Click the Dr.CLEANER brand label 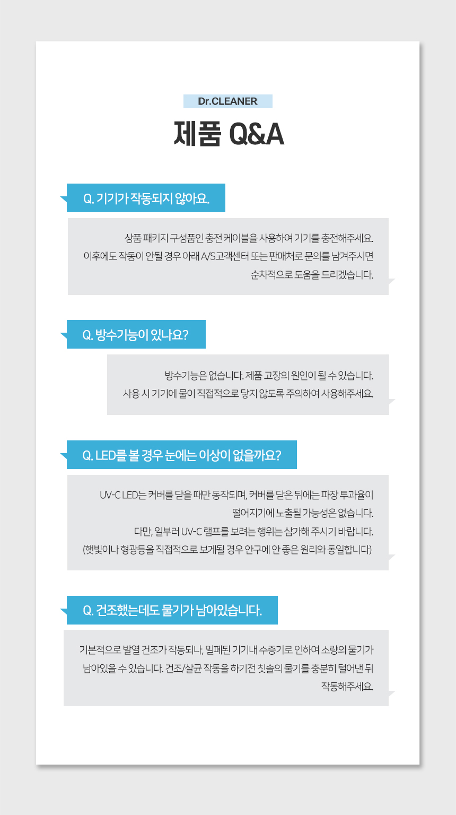tap(227, 101)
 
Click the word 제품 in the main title tap(197, 134)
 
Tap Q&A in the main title tap(257, 134)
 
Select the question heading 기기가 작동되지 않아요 tap(146, 198)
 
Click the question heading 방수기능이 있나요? tap(136, 335)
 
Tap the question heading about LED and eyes tap(182, 455)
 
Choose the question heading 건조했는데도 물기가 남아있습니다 tap(172, 610)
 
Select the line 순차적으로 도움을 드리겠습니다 tap(312, 275)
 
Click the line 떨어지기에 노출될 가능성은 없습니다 tap(303, 513)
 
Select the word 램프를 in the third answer tap(216, 532)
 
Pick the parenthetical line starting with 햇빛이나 tap(227, 549)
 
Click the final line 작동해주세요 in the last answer tap(347, 687)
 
